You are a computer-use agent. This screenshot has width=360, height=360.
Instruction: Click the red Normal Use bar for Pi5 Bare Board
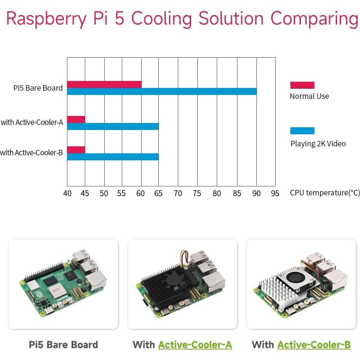104,84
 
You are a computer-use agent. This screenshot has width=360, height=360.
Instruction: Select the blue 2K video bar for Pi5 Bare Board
162,91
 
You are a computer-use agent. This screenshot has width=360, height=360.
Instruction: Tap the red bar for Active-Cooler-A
76,119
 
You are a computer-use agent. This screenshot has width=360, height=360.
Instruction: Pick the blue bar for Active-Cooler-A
112,126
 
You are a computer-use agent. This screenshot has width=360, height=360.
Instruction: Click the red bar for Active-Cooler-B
76,149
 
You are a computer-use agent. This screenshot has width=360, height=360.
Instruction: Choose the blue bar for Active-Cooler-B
112,157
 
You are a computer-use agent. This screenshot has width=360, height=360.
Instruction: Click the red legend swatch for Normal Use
302,85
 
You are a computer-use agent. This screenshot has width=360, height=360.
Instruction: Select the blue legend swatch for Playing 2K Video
302,131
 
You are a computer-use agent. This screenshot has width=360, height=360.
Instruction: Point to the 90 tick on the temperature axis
256,193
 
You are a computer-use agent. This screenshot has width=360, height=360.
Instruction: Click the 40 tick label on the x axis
67,193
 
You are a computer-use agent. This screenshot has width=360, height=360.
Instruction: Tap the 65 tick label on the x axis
158,193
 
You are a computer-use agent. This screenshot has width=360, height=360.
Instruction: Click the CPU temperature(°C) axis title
325,193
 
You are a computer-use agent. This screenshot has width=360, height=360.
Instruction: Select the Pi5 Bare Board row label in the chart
38,88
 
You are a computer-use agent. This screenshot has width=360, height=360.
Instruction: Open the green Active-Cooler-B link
314,344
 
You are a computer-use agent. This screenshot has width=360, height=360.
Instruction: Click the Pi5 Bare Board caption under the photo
63,344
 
